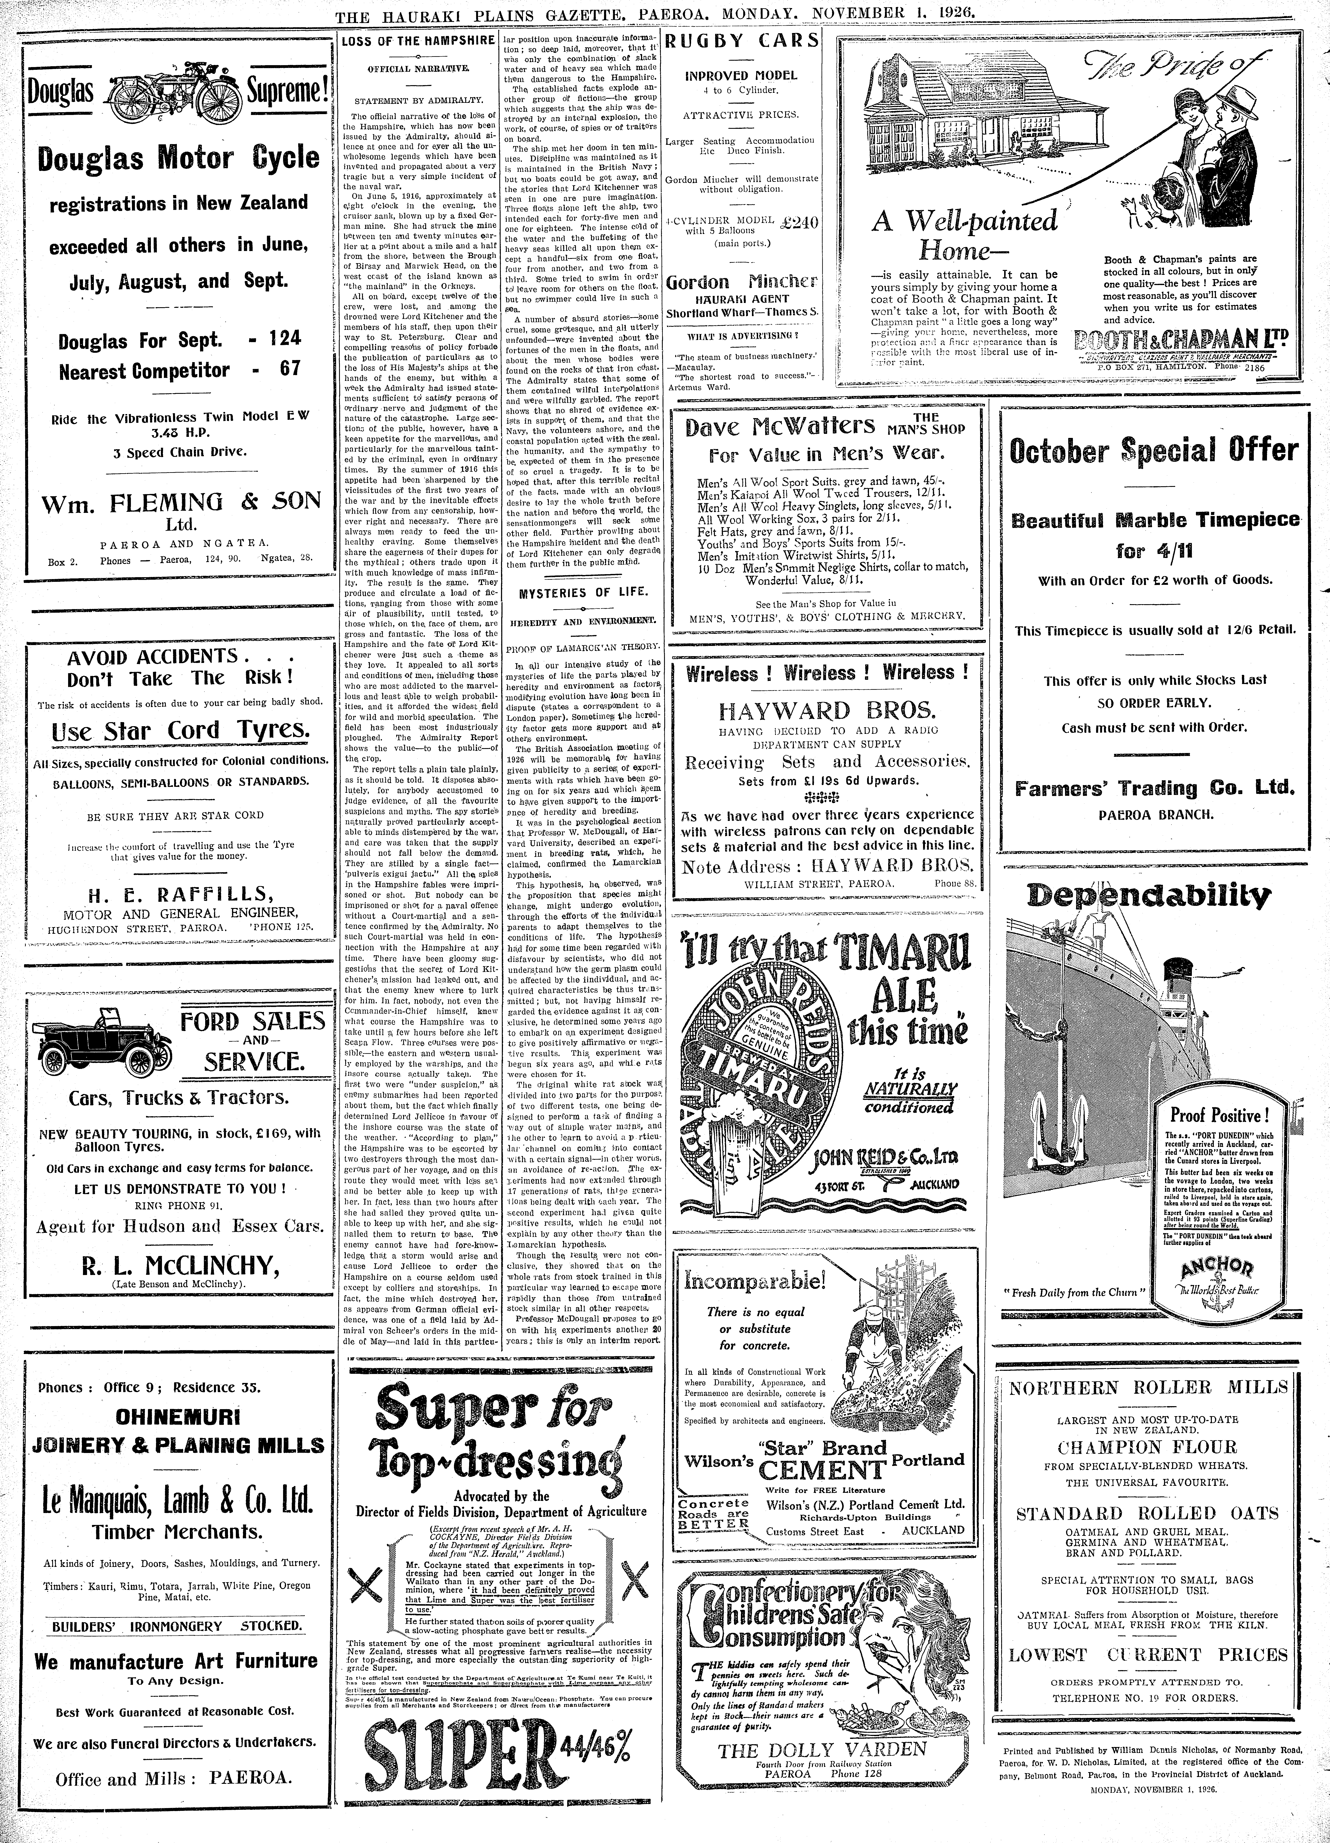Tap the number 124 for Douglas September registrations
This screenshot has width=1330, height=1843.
(x=284, y=338)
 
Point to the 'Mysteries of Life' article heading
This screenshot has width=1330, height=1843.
(x=583, y=592)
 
